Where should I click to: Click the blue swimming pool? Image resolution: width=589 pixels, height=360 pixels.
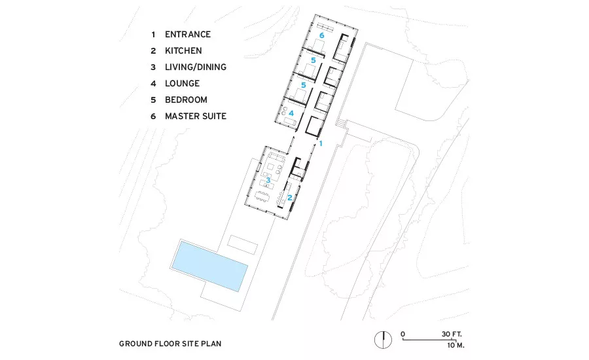[209, 266]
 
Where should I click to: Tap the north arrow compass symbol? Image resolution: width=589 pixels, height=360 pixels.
[383, 340]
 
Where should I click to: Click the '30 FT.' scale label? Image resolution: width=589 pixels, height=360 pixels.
[452, 334]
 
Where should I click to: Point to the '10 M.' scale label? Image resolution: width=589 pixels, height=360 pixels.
[455, 345]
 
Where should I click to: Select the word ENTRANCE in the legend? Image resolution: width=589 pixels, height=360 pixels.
[188, 34]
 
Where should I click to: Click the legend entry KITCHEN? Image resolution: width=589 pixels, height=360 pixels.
[183, 51]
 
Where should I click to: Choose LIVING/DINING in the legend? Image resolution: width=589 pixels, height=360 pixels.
[196, 67]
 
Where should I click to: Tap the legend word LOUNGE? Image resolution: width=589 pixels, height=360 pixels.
[182, 83]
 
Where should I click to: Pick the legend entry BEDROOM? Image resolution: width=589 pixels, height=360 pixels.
[186, 100]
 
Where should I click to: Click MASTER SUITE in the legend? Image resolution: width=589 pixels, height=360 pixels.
[196, 116]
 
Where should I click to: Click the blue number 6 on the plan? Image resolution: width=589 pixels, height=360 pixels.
[321, 35]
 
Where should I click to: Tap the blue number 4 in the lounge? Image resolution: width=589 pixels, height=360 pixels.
[291, 113]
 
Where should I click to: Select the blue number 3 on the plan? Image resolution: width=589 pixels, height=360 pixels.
[268, 181]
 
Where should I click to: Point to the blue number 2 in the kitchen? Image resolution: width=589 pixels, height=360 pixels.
[290, 198]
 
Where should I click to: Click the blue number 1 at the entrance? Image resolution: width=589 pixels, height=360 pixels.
[321, 143]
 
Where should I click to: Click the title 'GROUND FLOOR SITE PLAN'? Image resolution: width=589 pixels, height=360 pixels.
[170, 344]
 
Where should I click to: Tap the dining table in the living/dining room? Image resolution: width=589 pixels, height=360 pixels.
[262, 196]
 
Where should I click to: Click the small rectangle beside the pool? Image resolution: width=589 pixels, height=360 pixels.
[243, 244]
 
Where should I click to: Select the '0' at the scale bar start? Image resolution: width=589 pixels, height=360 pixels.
[402, 334]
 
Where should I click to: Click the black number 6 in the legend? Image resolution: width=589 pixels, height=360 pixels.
[153, 117]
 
